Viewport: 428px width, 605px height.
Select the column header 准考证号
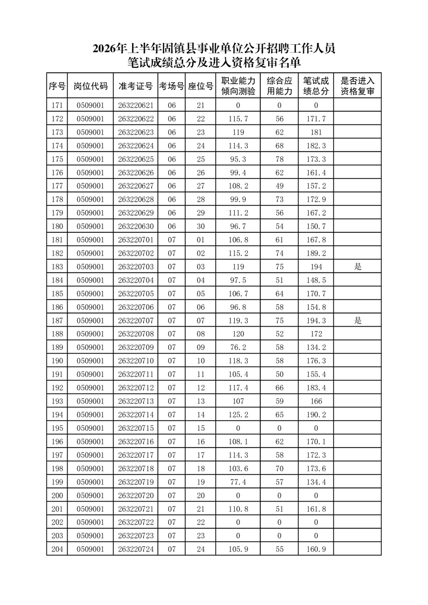click(135, 86)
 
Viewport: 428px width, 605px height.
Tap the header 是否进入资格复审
click(357, 86)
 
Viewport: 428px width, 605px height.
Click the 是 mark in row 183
click(357, 267)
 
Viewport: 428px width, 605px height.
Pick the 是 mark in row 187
click(357, 321)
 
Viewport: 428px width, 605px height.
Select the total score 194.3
click(316, 321)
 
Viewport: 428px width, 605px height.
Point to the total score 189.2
click(316, 253)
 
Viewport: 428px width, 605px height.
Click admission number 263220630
click(135, 226)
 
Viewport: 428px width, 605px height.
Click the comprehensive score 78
click(279, 159)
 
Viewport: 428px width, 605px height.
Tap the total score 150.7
click(316, 226)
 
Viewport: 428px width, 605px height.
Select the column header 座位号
click(200, 86)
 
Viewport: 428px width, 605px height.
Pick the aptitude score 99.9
click(238, 200)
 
